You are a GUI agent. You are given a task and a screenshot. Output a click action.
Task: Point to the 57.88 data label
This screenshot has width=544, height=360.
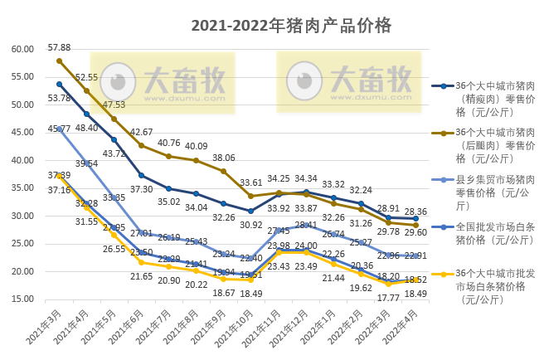[x=59, y=47]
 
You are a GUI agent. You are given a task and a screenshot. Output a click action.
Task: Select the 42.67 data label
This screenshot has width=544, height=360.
[x=141, y=132]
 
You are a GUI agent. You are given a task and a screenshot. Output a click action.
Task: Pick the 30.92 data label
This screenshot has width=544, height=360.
[x=250, y=224]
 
